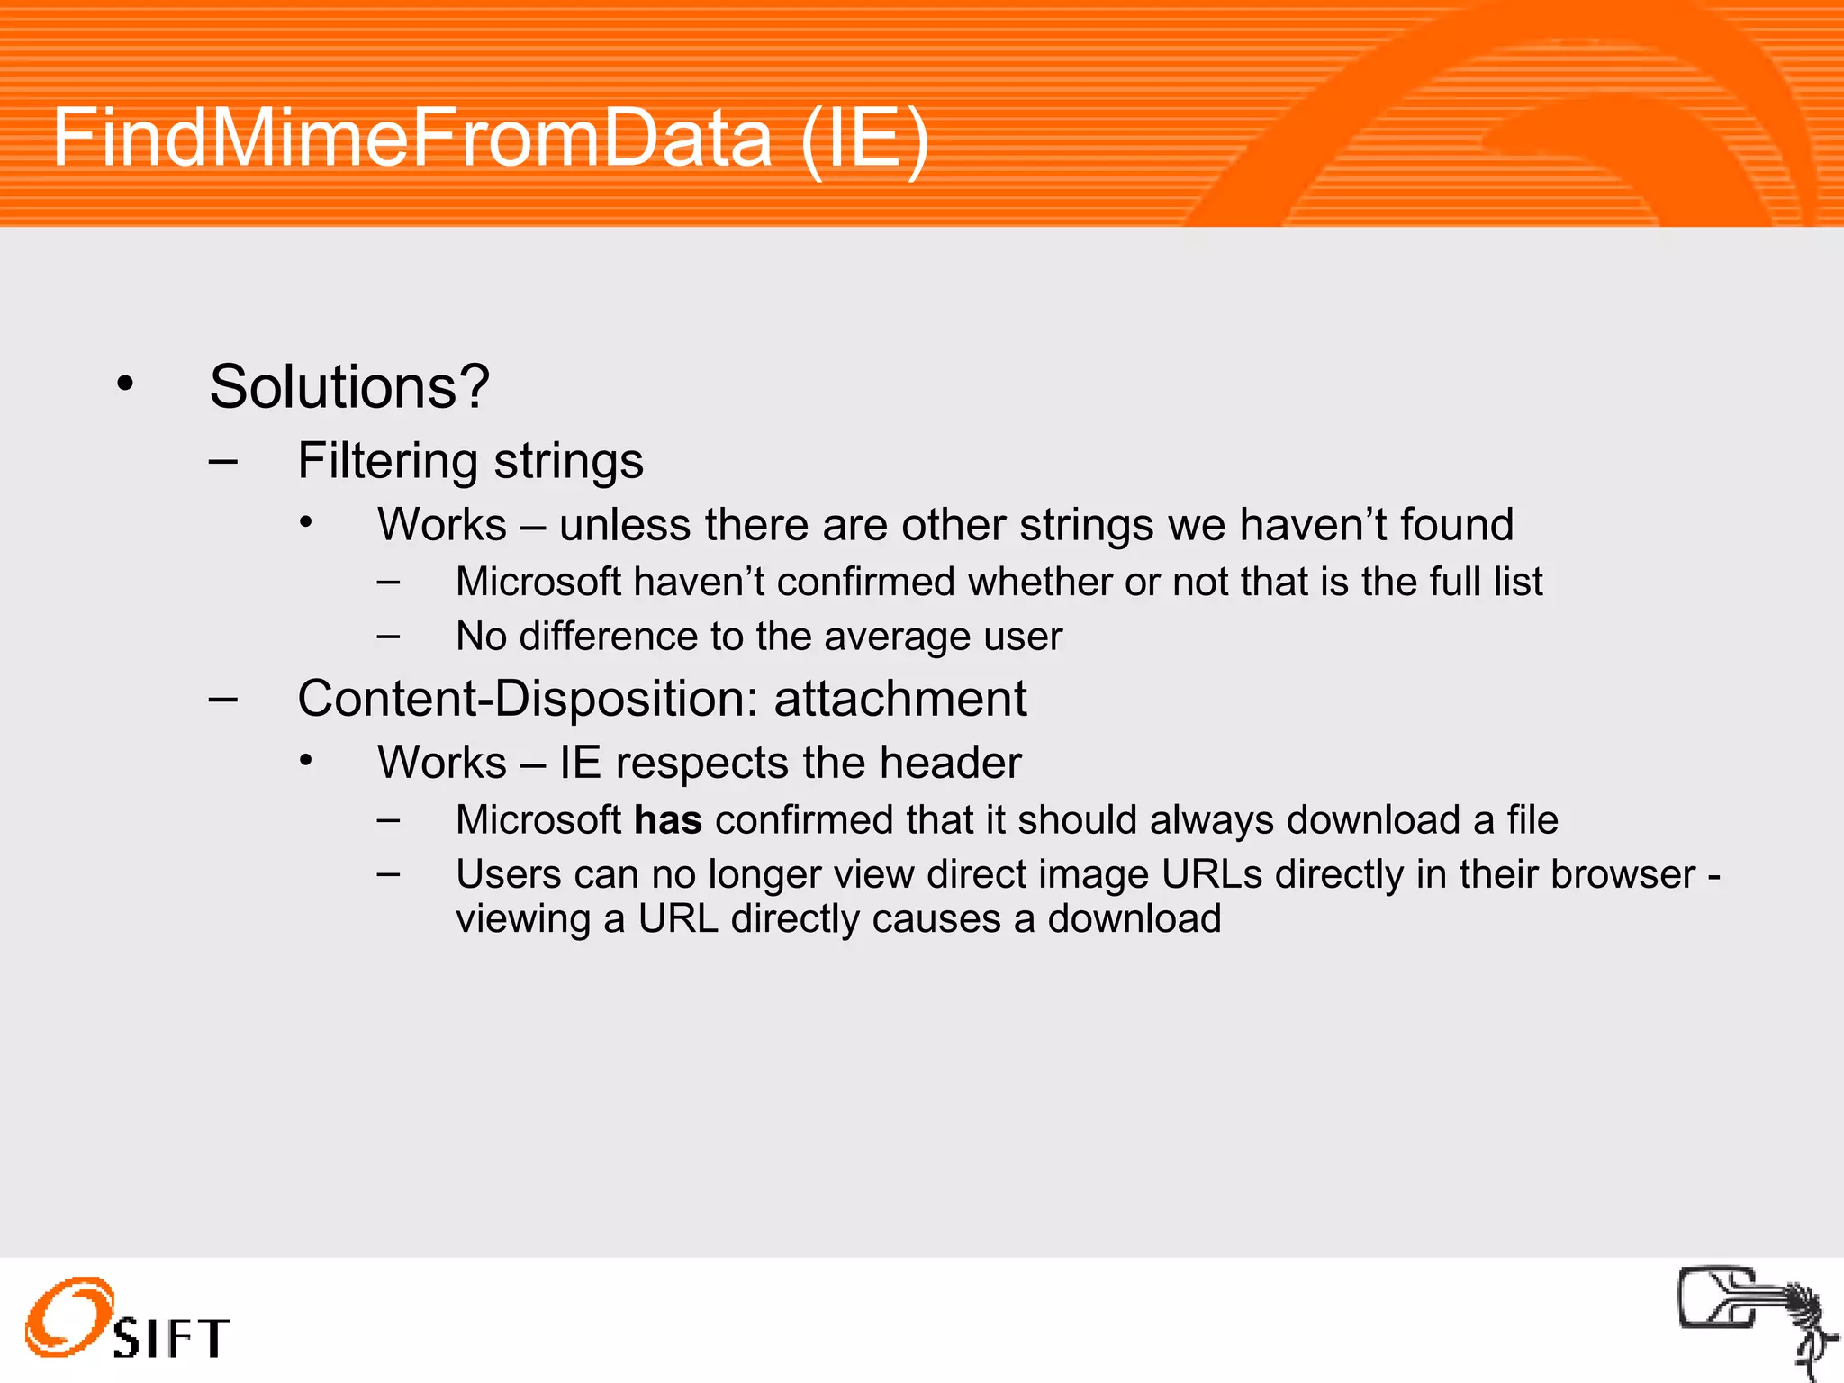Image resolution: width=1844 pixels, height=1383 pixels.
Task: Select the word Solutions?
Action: [349, 387]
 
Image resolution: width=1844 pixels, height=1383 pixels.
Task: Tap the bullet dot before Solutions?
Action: [125, 384]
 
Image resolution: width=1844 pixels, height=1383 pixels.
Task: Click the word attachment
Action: [900, 699]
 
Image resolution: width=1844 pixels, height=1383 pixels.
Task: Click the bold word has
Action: [667, 820]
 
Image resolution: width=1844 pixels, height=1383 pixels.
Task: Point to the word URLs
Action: [1211, 874]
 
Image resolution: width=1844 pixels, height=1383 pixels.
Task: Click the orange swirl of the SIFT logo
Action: [68, 1316]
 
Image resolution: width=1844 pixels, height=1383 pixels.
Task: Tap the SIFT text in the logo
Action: [171, 1338]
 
